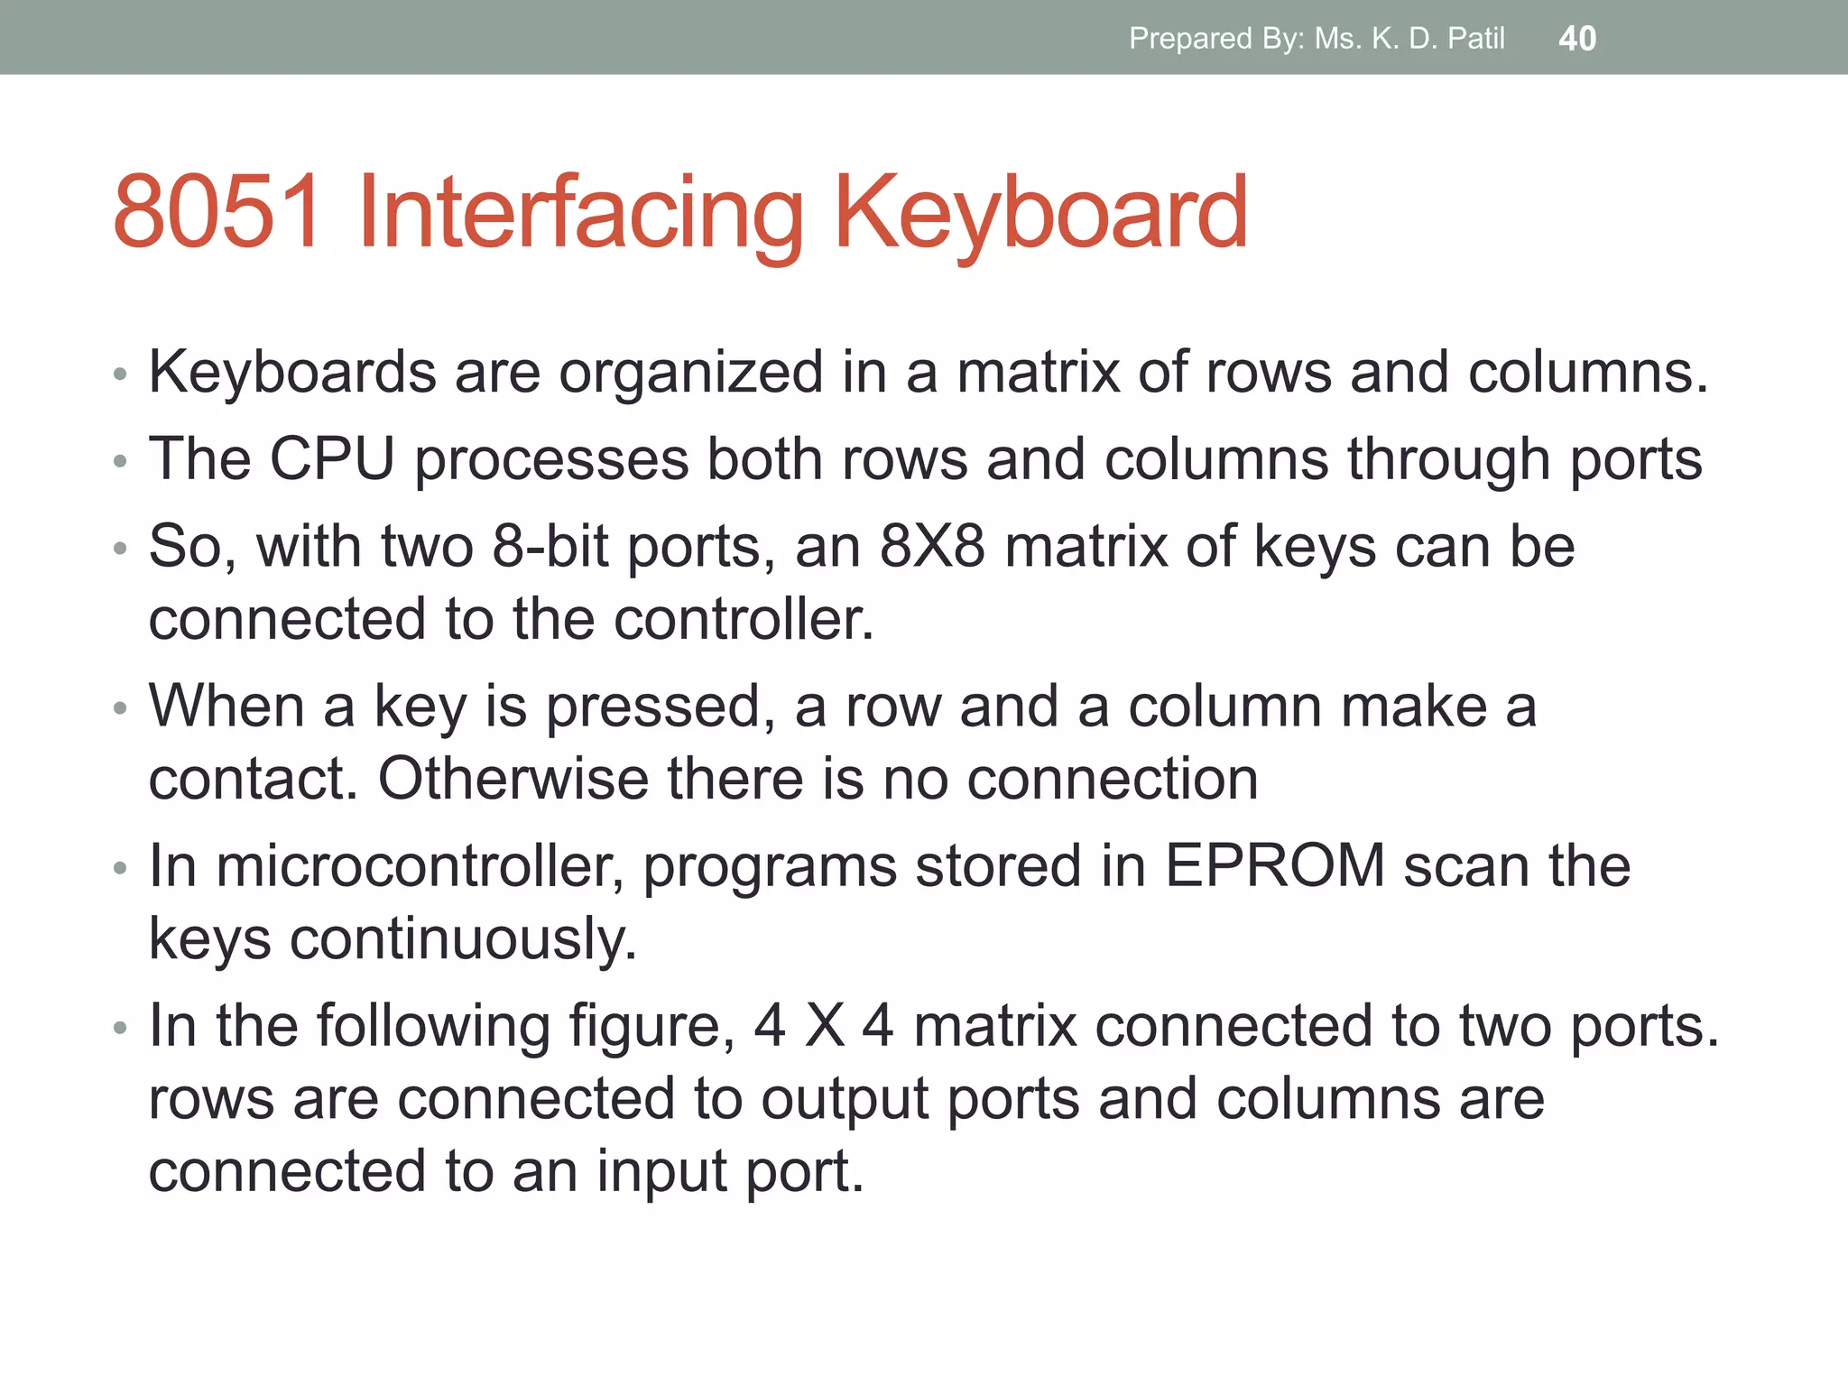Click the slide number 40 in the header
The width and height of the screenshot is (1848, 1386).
(x=1577, y=39)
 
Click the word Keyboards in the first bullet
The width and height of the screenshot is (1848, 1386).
(x=292, y=372)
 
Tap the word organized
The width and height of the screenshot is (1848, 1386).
(x=691, y=374)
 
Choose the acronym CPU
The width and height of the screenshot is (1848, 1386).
(x=333, y=459)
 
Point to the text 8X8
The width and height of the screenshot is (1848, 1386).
(x=932, y=547)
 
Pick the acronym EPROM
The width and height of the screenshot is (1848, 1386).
(x=1275, y=866)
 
